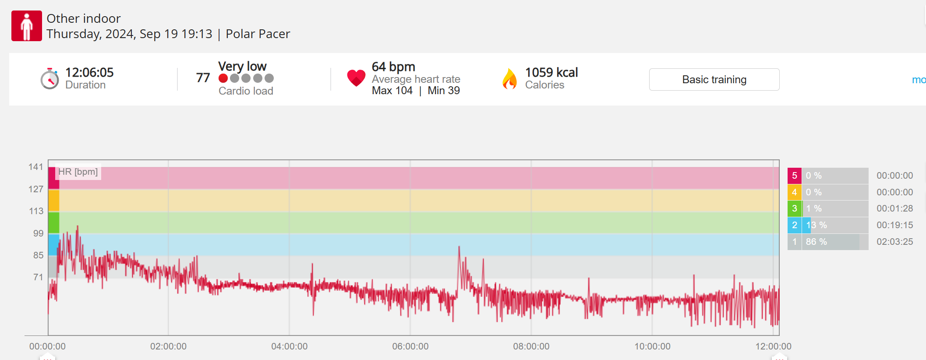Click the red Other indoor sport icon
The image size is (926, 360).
click(x=27, y=26)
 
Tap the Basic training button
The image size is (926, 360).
click(x=714, y=80)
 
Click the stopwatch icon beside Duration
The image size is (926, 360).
click(x=49, y=79)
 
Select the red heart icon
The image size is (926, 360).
click(x=356, y=78)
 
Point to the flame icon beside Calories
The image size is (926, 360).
click(x=509, y=79)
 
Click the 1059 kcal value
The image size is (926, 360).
click(x=551, y=72)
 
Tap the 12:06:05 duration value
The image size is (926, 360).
click(x=89, y=72)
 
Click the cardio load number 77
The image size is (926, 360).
click(x=203, y=78)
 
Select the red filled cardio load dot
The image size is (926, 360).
click(x=223, y=78)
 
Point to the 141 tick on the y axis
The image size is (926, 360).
click(x=36, y=167)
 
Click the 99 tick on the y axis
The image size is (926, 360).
click(x=38, y=233)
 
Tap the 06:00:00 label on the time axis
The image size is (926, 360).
click(x=410, y=346)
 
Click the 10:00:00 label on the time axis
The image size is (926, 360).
click(x=652, y=346)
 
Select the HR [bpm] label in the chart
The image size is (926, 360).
click(x=78, y=172)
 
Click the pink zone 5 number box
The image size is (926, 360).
click(x=794, y=176)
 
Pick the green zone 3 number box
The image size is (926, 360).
click(x=794, y=208)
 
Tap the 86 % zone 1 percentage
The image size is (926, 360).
click(x=816, y=242)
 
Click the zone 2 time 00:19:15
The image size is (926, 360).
click(x=894, y=225)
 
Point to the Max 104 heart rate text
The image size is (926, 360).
click(x=392, y=91)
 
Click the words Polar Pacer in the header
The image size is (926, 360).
click(x=258, y=34)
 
